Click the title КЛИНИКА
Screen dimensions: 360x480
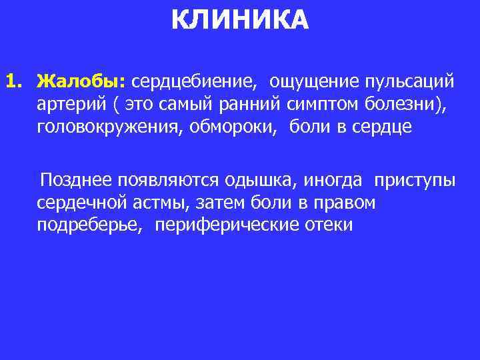coord(240,20)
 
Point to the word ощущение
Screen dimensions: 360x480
coord(312,81)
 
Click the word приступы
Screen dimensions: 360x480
coord(415,181)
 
